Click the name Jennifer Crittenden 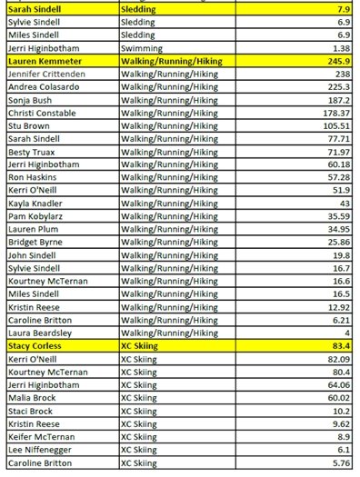47,73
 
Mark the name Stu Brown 30,126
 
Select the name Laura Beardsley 40,333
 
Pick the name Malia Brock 34,398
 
